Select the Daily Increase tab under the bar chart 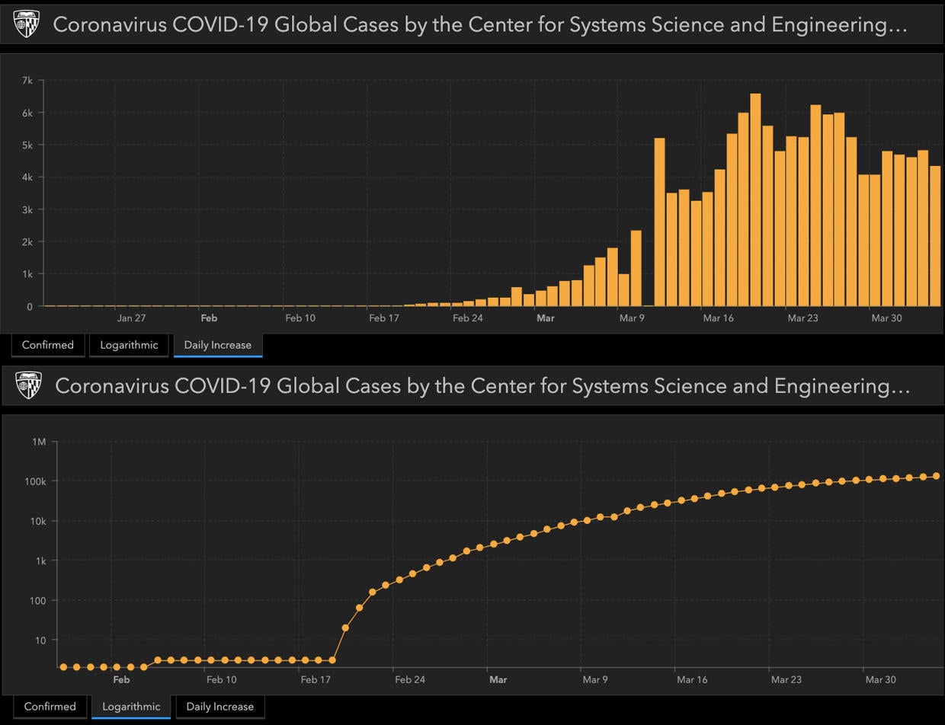click(217, 345)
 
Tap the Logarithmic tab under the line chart click(130, 706)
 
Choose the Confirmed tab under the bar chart click(48, 345)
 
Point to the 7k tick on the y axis click(27, 80)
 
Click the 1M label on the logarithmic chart click(38, 442)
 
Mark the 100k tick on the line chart click(36, 481)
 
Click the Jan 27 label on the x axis click(131, 318)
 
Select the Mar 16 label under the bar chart click(718, 318)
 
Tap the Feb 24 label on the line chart click(410, 679)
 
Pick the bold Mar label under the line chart click(498, 679)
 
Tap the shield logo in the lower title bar click(30, 386)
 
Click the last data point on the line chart click(936, 476)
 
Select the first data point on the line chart click(63, 667)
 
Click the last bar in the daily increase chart click(935, 236)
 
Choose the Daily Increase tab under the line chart click(219, 706)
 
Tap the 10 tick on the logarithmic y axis click(40, 640)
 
